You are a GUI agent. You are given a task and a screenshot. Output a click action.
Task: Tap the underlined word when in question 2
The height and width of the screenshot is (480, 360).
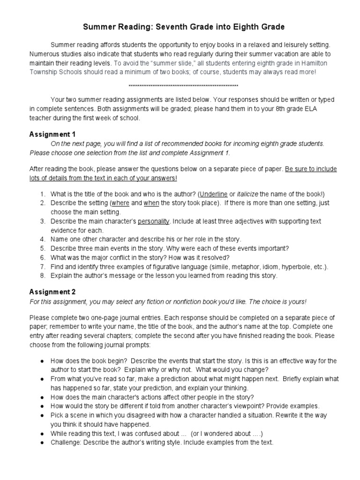coord(152,203)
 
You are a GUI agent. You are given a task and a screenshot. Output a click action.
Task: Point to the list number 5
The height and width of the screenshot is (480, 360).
coord(42,248)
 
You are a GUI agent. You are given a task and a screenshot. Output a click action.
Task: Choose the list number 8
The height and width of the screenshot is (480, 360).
coord(42,276)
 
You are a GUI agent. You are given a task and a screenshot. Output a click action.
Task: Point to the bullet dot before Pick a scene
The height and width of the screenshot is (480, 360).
coord(43,415)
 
